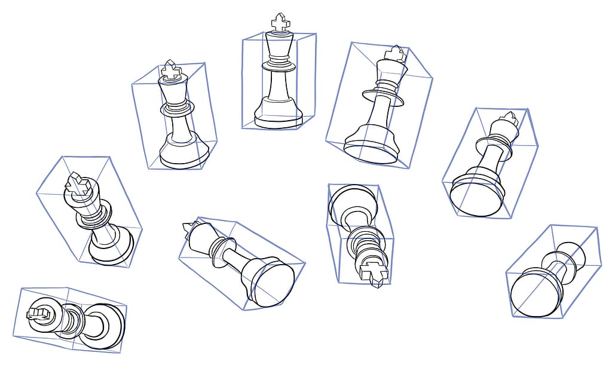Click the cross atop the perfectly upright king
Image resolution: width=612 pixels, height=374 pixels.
tap(280, 23)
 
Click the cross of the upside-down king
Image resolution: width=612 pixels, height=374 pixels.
tap(374, 272)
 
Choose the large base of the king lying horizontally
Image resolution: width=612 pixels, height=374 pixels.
tap(103, 326)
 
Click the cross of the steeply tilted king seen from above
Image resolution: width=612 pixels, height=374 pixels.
tap(78, 185)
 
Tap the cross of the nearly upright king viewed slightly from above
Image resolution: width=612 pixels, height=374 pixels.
tap(172, 71)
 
